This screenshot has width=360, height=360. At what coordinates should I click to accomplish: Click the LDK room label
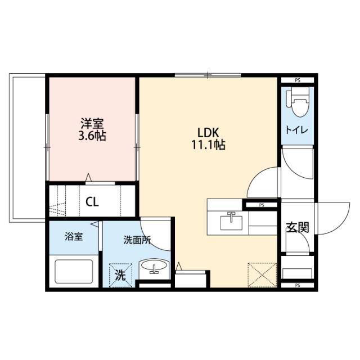point(211,133)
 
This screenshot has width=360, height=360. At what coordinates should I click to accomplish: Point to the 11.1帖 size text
point(211,145)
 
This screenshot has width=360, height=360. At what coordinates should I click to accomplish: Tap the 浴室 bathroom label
point(73,237)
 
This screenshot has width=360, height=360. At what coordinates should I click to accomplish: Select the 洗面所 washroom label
point(137,238)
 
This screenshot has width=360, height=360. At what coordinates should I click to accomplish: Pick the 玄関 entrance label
point(297,227)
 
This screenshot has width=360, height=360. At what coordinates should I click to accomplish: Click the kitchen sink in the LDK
point(231,221)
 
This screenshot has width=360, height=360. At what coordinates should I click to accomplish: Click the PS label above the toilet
point(297,80)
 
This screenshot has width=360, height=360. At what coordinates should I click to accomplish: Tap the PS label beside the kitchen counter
point(261,205)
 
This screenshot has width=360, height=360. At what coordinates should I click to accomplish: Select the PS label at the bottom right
point(297,286)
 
